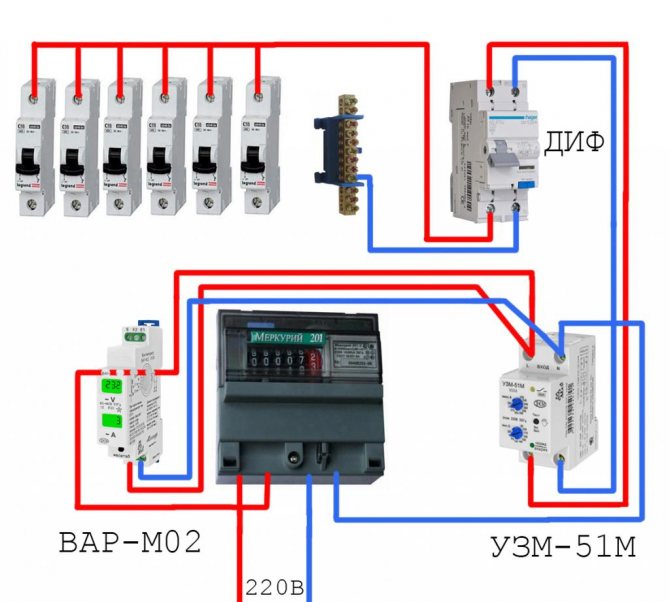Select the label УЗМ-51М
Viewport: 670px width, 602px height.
click(x=572, y=547)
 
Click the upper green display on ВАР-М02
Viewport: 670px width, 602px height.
click(x=109, y=386)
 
